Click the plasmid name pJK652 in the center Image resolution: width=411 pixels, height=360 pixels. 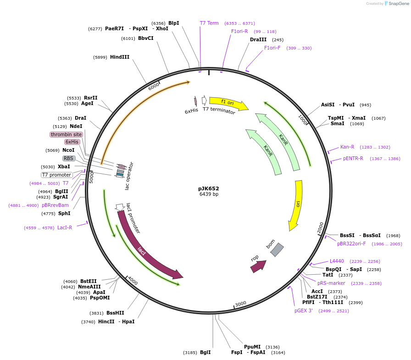pyautogui.click(x=209, y=188)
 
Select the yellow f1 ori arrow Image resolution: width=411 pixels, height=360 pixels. pyautogui.click(x=228, y=103)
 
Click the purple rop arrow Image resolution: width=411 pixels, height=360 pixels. pyautogui.click(x=258, y=266)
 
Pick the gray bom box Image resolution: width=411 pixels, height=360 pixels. pyautogui.click(x=277, y=249)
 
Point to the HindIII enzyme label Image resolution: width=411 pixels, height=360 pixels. pyautogui.click(x=120, y=57)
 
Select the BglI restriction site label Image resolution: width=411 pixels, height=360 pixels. pyautogui.click(x=205, y=353)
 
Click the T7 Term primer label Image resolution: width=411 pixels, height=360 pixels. pyautogui.click(x=209, y=23)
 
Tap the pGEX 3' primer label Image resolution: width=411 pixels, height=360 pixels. pyautogui.click(x=304, y=310)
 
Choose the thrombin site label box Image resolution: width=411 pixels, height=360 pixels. pyautogui.click(x=66, y=134)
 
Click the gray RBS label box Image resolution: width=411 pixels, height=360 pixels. pyautogui.click(x=69, y=158)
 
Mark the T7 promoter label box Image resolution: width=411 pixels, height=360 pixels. pyautogui.click(x=57, y=175)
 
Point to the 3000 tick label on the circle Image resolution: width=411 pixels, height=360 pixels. pyautogui.click(x=240, y=304)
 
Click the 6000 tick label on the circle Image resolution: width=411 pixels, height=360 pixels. pyautogui.click(x=154, y=86)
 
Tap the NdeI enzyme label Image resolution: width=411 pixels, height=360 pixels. pyautogui.click(x=76, y=126)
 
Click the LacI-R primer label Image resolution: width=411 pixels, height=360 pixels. pyautogui.click(x=65, y=227)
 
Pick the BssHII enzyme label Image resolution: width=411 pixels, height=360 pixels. pyautogui.click(x=115, y=313)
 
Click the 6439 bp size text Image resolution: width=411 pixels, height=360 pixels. pyautogui.click(x=209, y=194)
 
